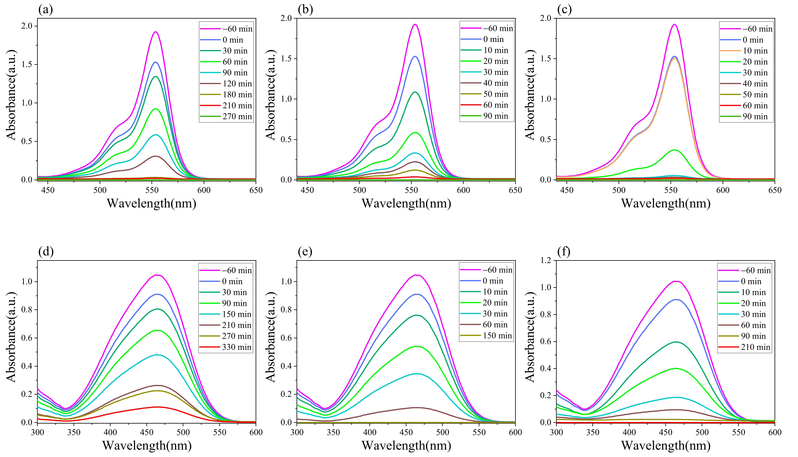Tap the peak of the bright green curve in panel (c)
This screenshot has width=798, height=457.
(674, 150)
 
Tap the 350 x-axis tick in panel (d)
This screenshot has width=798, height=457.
(74, 432)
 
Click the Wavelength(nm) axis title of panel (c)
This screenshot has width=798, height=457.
(666, 203)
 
